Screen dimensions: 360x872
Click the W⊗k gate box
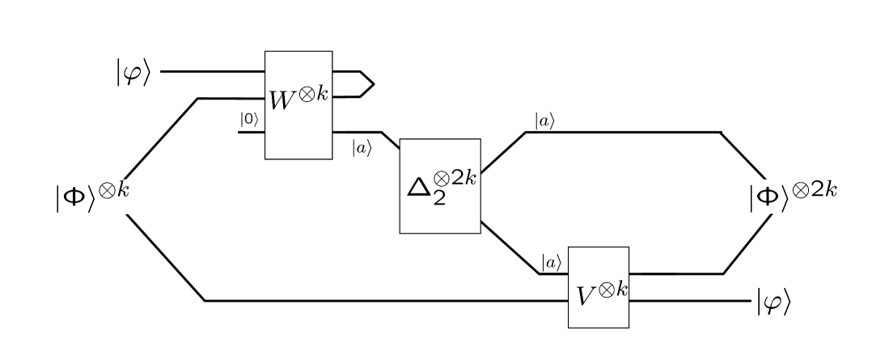299,105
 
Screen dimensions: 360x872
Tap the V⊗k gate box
598,287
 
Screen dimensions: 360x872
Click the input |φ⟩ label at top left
133,72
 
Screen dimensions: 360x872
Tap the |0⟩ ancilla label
248,120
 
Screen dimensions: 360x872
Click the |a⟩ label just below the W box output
360,148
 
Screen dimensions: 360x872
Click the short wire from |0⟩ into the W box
252,132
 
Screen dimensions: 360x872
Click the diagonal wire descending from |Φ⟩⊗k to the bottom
166,259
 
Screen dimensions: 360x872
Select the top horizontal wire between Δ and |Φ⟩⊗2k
623,132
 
